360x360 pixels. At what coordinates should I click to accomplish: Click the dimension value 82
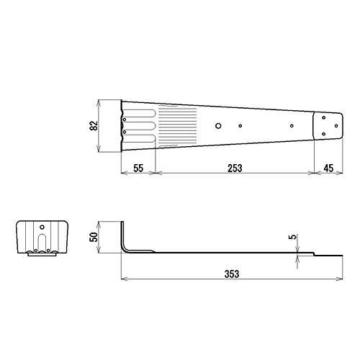click(x=94, y=125)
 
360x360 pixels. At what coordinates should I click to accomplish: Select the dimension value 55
click(x=138, y=168)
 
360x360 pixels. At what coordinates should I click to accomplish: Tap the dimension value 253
click(x=235, y=168)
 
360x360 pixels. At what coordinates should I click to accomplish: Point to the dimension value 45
click(x=328, y=168)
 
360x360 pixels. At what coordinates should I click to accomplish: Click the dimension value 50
click(x=94, y=237)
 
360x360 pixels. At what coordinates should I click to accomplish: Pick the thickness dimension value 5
click(x=293, y=237)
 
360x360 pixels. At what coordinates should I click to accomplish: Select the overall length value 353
click(x=232, y=274)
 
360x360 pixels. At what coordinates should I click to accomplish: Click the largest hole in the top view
click(x=218, y=126)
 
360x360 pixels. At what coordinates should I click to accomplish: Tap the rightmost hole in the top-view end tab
click(x=336, y=126)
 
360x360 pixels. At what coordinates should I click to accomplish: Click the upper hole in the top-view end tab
click(x=324, y=117)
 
